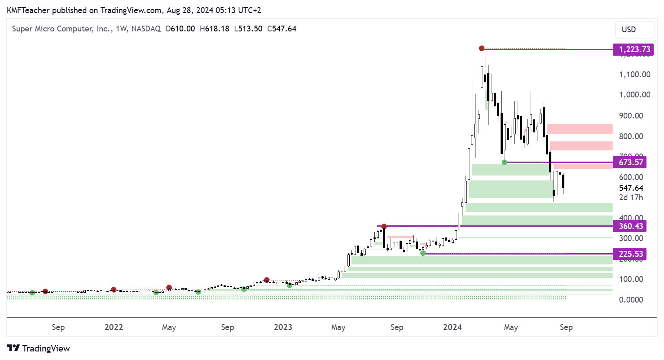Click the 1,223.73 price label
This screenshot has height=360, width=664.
point(631,49)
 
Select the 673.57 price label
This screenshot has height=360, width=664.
point(631,162)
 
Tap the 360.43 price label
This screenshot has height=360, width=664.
point(631,226)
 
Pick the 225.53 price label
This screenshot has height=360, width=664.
point(631,254)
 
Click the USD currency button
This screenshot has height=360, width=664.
point(629,30)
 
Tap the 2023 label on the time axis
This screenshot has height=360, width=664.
point(283,327)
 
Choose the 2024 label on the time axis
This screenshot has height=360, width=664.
point(453,327)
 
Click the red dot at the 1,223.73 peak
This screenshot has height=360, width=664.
point(482,48)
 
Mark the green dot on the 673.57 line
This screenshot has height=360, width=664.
point(504,162)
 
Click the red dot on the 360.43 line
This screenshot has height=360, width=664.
point(384,226)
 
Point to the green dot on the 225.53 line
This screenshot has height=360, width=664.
point(423,254)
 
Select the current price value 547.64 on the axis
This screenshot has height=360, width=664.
point(631,188)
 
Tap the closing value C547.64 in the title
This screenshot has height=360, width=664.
point(281,29)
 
